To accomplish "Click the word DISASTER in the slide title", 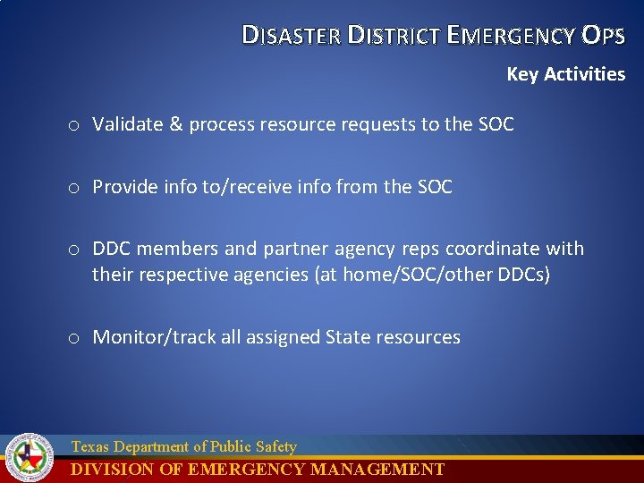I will coord(291,36).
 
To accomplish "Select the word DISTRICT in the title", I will coord(394,36).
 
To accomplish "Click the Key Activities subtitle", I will coord(565,74).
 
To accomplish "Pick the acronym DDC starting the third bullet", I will coord(112,249).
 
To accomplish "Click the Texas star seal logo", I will coord(30,457).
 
